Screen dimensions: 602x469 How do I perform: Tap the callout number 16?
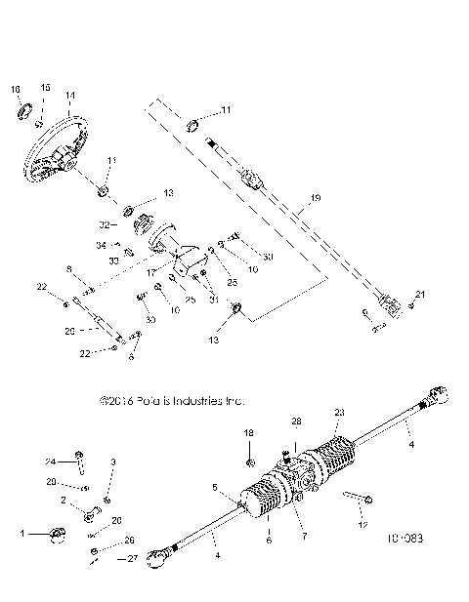pyautogui.click(x=16, y=89)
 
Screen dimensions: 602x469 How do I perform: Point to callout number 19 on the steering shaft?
pyautogui.click(x=315, y=198)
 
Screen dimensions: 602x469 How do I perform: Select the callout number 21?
pyautogui.click(x=421, y=294)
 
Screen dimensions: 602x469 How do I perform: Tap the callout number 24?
pyautogui.click(x=49, y=462)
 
